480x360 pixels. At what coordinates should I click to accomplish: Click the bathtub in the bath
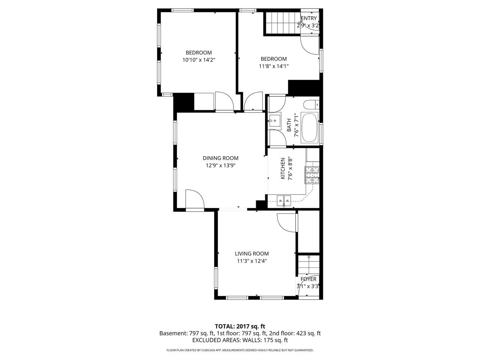pyautogui.click(x=310, y=127)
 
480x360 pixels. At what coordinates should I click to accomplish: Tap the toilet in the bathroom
pyautogui.click(x=310, y=104)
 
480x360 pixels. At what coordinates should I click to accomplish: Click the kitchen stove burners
pyautogui.click(x=312, y=175)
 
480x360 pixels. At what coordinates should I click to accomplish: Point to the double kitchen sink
pyautogui.click(x=284, y=201)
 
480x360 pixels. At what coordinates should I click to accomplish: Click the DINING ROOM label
pyautogui.click(x=220, y=158)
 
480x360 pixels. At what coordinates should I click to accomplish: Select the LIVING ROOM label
pyautogui.click(x=252, y=254)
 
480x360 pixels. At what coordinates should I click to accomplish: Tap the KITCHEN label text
pyautogui.click(x=283, y=169)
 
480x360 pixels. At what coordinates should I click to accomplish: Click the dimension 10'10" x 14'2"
pyautogui.click(x=199, y=60)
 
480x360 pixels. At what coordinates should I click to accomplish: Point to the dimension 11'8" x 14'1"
pyautogui.click(x=274, y=66)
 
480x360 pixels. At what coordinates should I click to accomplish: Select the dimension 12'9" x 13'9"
pyautogui.click(x=220, y=165)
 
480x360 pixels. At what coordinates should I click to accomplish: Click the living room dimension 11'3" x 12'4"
pyautogui.click(x=252, y=261)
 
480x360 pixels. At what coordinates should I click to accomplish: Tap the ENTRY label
pyautogui.click(x=309, y=18)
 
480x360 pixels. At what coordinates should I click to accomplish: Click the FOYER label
pyautogui.click(x=308, y=279)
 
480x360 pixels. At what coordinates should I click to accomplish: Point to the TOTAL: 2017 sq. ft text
pyautogui.click(x=240, y=326)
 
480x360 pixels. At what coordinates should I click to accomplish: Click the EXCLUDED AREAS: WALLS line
pyautogui.click(x=240, y=340)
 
